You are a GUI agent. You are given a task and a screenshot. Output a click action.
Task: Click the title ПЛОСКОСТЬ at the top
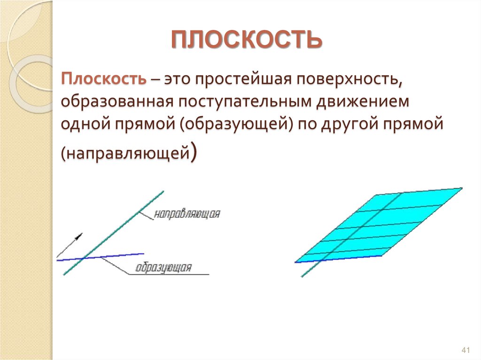(x=246, y=40)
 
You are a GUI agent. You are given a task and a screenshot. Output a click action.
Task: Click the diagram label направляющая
(x=187, y=214)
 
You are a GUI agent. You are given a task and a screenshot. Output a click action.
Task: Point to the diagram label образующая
(x=163, y=268)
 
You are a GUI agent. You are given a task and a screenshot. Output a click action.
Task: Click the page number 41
(x=466, y=351)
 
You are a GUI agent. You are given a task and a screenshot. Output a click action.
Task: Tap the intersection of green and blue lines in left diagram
(x=84, y=258)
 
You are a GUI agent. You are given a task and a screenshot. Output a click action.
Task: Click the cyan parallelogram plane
(x=376, y=225)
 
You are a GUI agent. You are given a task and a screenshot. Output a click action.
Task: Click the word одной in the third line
(x=83, y=125)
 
